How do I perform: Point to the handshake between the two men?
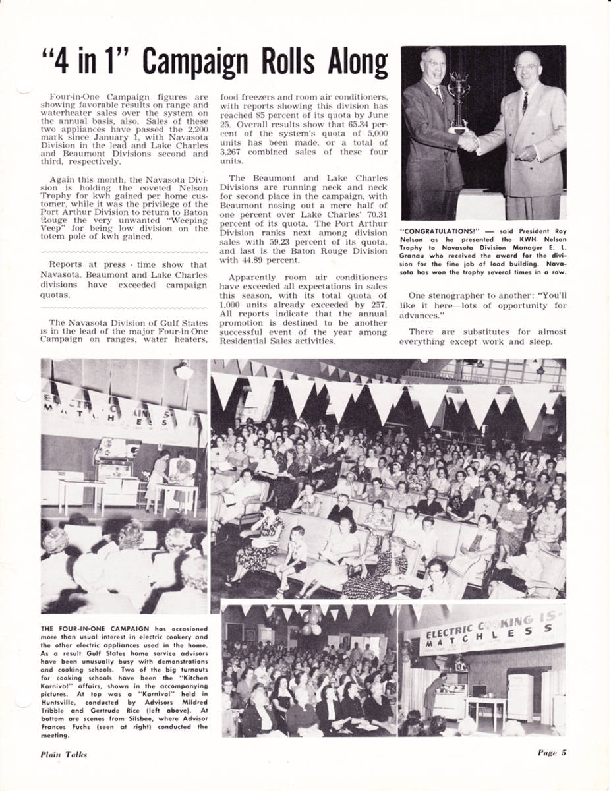pos(468,140)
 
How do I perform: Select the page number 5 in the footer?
pos(564,753)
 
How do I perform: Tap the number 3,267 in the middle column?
pos(232,151)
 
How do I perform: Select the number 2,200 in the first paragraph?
pos(195,130)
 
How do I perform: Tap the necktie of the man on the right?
pos(525,103)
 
